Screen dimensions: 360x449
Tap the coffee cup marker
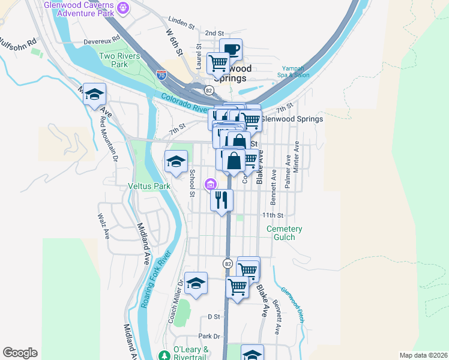[231, 50]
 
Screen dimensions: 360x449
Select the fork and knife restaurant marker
[221, 200]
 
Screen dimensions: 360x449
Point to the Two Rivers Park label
[114, 60]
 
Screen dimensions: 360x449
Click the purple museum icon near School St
[210, 184]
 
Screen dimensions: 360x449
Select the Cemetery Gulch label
[285, 233]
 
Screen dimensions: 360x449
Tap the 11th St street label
[272, 215]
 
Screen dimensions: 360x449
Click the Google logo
[20, 353]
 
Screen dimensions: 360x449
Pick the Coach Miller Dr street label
[175, 302]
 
